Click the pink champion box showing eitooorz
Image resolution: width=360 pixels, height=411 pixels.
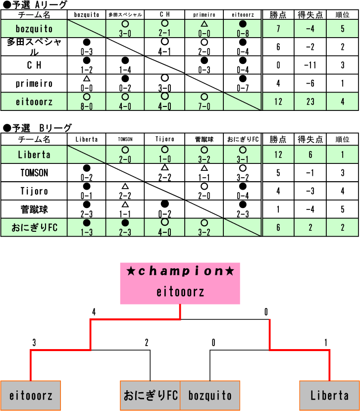click(180, 283)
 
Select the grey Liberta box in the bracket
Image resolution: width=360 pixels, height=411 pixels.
click(329, 395)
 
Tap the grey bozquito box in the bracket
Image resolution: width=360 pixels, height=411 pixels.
click(210, 395)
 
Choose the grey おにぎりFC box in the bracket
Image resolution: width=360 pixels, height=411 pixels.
click(150, 395)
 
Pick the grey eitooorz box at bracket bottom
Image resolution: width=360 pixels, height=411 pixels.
click(31, 395)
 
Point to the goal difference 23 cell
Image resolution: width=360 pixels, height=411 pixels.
click(310, 102)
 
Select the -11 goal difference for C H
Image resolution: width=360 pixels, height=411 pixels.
click(310, 65)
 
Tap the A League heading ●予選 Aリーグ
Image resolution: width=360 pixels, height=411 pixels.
click(35, 5)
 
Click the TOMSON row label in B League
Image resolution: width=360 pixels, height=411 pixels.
click(34, 173)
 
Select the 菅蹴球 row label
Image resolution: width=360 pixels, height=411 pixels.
click(34, 209)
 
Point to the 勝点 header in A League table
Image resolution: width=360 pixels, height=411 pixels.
click(278, 15)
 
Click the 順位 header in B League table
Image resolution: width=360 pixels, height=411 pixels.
click(342, 140)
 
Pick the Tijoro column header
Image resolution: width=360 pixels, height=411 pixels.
click(165, 140)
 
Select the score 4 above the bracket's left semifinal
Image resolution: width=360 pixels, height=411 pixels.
click(93, 312)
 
